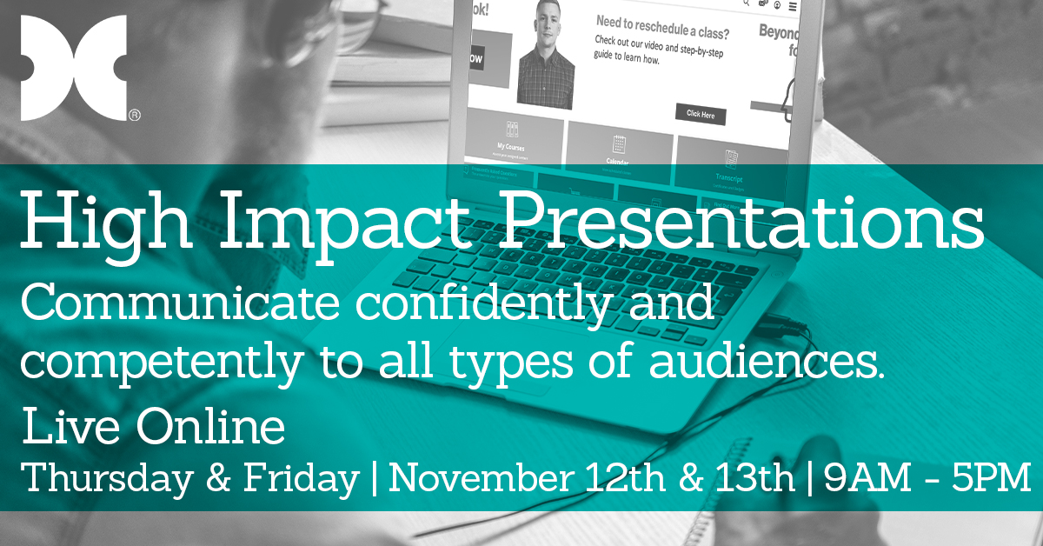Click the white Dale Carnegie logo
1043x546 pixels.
pyautogui.click(x=74, y=67)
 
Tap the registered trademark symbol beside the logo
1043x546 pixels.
pyautogui.click(x=135, y=114)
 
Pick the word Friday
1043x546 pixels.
pyautogui.click(x=305, y=479)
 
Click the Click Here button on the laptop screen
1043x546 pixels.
pyautogui.click(x=700, y=114)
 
